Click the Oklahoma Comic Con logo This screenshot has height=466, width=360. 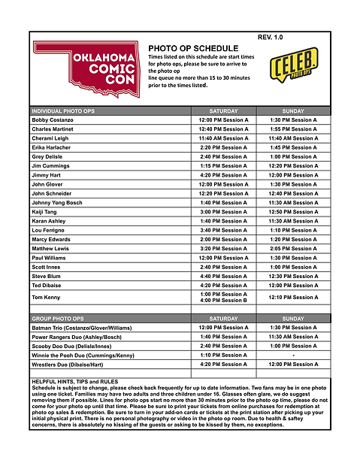(84, 71)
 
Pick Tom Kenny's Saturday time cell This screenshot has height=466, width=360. (222, 298)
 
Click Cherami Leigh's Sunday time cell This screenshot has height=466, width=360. (293, 138)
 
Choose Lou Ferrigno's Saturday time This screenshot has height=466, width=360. (222, 230)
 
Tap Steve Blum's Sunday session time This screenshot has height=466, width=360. (293, 276)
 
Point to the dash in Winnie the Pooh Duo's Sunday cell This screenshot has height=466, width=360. (293, 355)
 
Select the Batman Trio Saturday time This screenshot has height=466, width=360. (222, 328)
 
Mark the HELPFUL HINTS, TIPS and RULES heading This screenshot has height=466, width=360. (75, 382)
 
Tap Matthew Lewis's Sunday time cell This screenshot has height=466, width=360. (293, 248)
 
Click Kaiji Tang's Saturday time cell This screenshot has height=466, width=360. (222, 212)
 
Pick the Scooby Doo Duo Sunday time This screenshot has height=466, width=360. (293, 346)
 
